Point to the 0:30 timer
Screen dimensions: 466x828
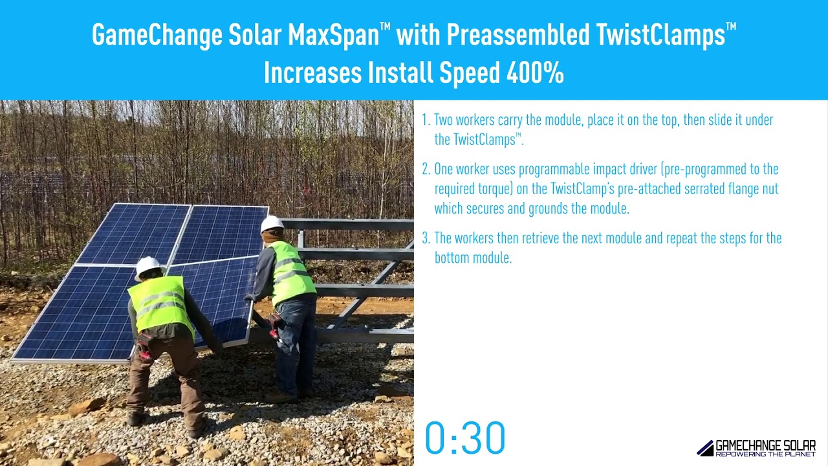tap(464, 438)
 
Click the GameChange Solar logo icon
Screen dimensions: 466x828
tap(704, 448)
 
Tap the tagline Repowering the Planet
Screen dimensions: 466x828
tap(765, 454)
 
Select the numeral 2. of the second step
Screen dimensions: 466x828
tap(426, 170)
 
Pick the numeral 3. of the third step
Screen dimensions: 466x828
tap(426, 238)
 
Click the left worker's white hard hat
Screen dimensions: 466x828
tap(147, 266)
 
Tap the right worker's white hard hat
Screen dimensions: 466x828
tap(272, 223)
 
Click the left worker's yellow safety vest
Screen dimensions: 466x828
tap(160, 303)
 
